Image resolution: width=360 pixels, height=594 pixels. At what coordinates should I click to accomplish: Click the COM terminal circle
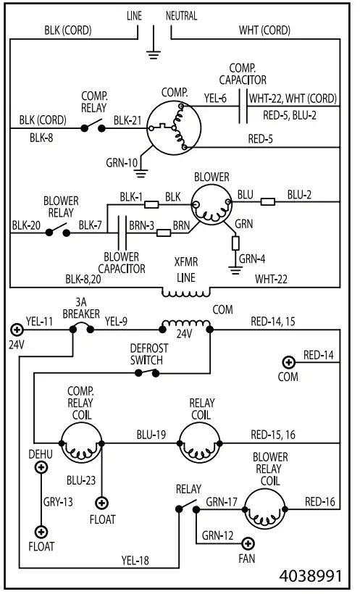point(288,362)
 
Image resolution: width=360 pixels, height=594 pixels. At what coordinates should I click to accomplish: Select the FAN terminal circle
point(248,543)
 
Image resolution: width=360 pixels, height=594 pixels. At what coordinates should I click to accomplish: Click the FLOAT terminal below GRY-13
point(41,532)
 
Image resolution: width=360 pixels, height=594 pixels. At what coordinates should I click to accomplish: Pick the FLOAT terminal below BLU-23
point(103,502)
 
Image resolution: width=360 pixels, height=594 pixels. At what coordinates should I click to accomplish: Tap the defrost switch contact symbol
point(148,372)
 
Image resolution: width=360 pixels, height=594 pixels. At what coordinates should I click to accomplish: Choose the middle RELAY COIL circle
point(201,443)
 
